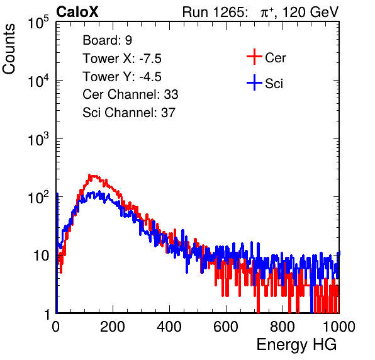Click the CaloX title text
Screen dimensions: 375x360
point(77,12)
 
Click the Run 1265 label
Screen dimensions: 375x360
point(215,12)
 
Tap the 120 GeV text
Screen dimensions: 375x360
point(310,12)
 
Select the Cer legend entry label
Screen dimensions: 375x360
point(275,58)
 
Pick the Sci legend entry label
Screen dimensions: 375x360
point(274,84)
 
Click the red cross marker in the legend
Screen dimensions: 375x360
point(254,57)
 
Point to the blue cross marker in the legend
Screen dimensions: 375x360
point(254,82)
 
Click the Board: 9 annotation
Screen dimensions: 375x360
point(108,40)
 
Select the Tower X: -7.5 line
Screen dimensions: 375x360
point(122,59)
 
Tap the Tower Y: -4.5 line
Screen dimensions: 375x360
point(122,77)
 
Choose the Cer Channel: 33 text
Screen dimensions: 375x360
point(130,94)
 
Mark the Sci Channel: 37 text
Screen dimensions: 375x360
point(129,113)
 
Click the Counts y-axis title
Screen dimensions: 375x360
point(9,49)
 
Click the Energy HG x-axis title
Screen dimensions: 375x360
point(296,344)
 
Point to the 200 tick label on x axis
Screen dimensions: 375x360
point(113,327)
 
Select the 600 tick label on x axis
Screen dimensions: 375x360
point(226,327)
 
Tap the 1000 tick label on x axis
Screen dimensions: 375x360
point(339,327)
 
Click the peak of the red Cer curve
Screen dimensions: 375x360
point(89,175)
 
